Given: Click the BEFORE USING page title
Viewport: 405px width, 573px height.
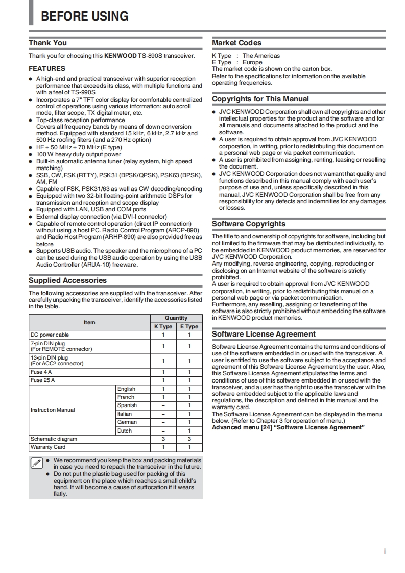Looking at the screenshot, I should (x=84, y=16).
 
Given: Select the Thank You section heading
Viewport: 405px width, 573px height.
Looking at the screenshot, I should (x=47, y=43).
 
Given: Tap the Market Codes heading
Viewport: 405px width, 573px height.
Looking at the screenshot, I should (x=236, y=43).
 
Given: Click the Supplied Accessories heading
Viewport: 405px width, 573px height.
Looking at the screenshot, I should (x=67, y=280).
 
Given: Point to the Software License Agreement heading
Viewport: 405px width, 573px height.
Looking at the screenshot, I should (x=264, y=334).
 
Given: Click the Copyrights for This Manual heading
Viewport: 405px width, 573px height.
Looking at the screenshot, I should (x=260, y=99).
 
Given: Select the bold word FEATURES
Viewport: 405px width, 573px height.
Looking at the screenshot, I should (x=47, y=68).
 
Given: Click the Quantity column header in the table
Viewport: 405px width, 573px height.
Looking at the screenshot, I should (x=176, y=318).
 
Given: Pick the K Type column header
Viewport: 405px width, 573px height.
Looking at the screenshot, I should (x=163, y=326).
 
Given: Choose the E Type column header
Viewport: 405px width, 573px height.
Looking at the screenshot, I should (x=189, y=326).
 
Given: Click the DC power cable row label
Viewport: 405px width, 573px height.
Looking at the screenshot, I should (x=50, y=335).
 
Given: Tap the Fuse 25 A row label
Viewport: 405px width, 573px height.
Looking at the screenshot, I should (x=42, y=380).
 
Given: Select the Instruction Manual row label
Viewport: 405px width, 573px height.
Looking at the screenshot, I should (x=53, y=410).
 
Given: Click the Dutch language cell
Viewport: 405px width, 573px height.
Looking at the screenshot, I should (x=125, y=431).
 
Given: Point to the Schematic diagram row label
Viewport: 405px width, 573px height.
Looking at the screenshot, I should (x=54, y=439).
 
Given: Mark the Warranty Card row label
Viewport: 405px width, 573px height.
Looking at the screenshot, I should (x=48, y=447).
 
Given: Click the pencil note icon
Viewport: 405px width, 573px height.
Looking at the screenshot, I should (x=36, y=463).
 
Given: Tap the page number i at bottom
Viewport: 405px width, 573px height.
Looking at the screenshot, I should (x=384, y=552).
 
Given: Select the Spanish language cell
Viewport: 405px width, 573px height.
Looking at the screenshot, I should (x=127, y=405).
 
